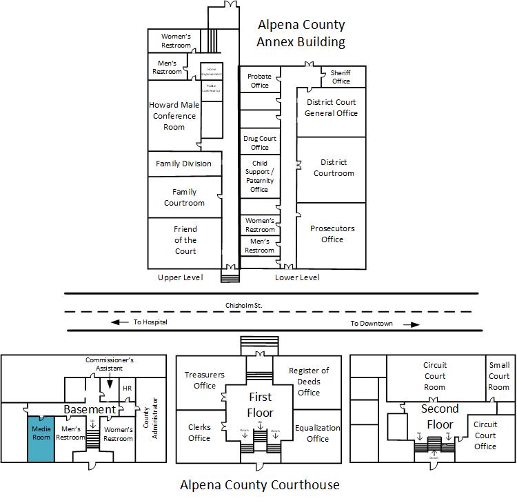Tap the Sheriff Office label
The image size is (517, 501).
[x=341, y=77]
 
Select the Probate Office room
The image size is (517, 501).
[x=259, y=81]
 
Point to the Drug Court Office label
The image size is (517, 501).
[x=259, y=143]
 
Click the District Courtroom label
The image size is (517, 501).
[x=334, y=168]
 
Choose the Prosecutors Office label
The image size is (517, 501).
[x=332, y=234]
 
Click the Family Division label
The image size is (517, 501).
[x=183, y=164]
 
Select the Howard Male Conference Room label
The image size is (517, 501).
[x=174, y=116]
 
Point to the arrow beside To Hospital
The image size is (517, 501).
[x=120, y=322]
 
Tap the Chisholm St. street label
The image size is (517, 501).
[x=245, y=304]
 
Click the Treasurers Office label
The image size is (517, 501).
[x=205, y=380]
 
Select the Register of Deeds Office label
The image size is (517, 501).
[x=309, y=382]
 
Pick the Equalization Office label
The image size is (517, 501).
[x=317, y=433]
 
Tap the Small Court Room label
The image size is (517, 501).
[x=498, y=376]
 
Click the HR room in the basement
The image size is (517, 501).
[x=127, y=389]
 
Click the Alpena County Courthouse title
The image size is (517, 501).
[x=260, y=484]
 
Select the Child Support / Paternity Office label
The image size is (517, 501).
[x=259, y=177]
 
